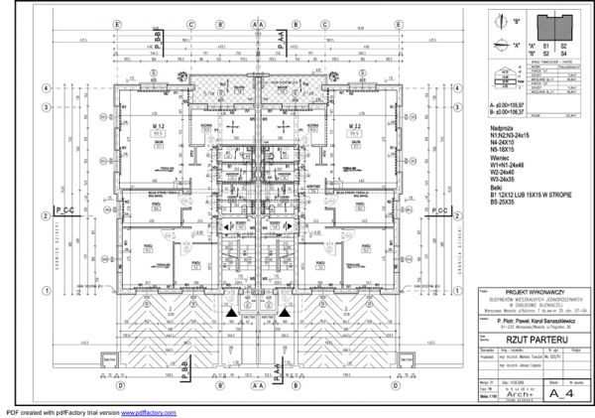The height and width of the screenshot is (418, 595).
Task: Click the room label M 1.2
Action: pyautogui.click(x=157, y=127)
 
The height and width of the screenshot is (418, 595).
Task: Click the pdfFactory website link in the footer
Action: pyautogui.click(x=149, y=412)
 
